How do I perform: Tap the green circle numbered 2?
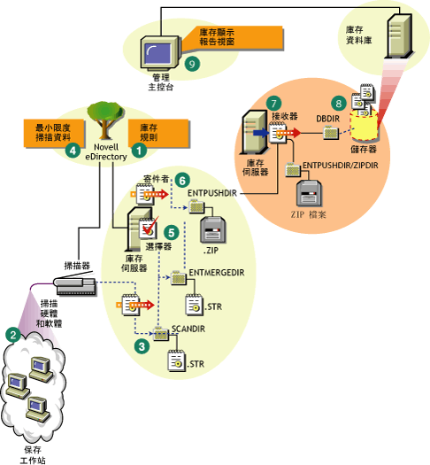pos(12,335)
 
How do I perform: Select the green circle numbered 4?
pos(74,151)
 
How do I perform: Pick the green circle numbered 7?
pos(275,105)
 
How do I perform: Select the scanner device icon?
pos(74,285)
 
